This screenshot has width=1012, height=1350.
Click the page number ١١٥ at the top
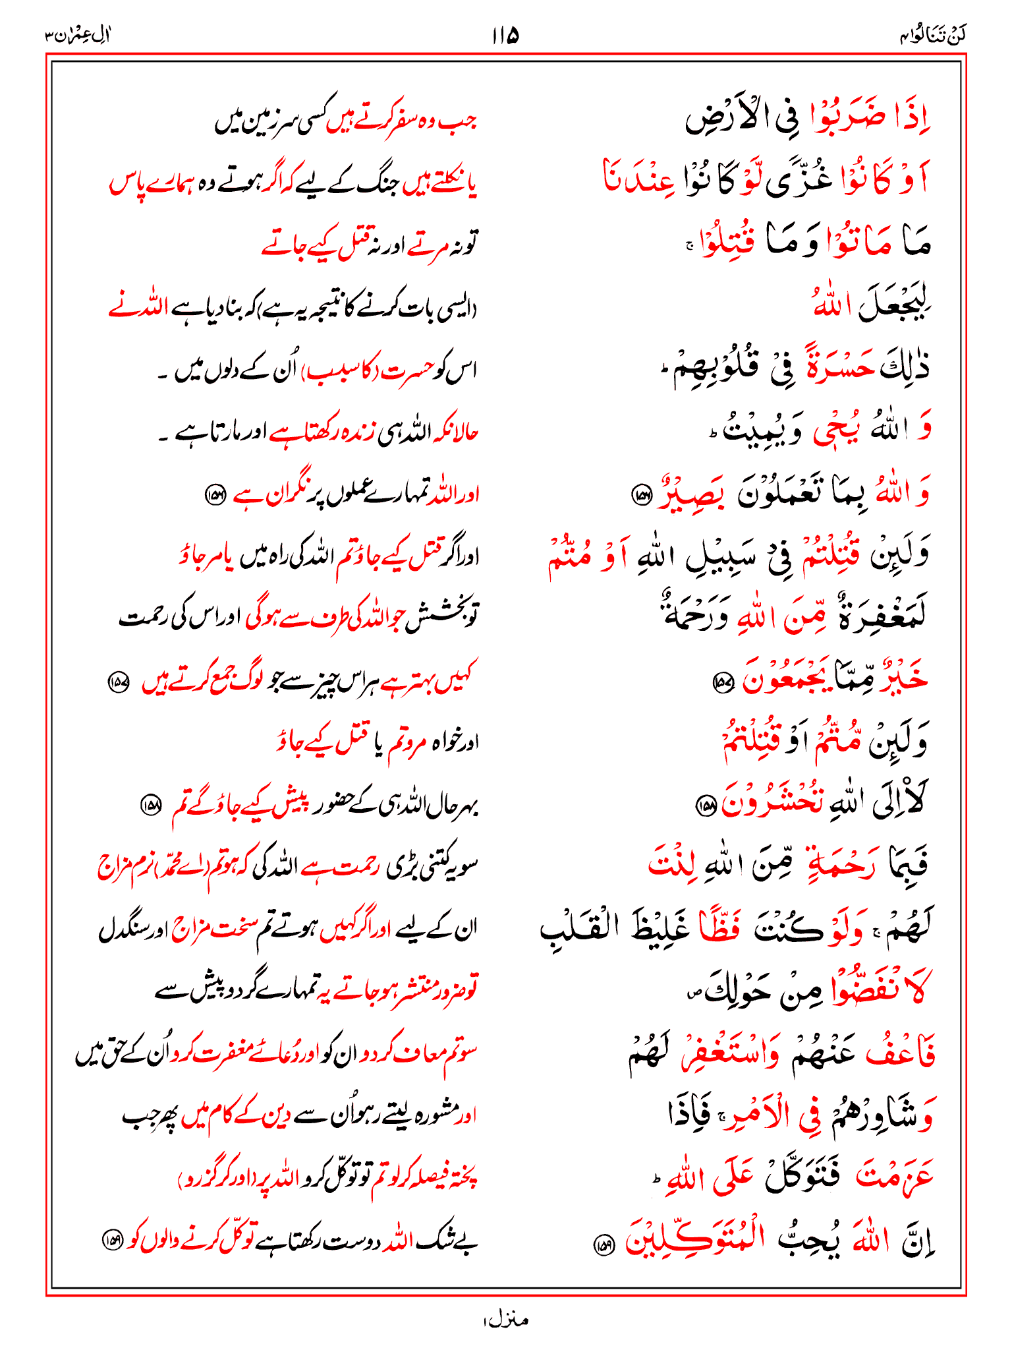point(505,35)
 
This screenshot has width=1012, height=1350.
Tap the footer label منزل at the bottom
point(505,1319)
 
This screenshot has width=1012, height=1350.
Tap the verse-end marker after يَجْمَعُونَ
point(723,682)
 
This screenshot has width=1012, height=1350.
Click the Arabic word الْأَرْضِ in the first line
point(732,119)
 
